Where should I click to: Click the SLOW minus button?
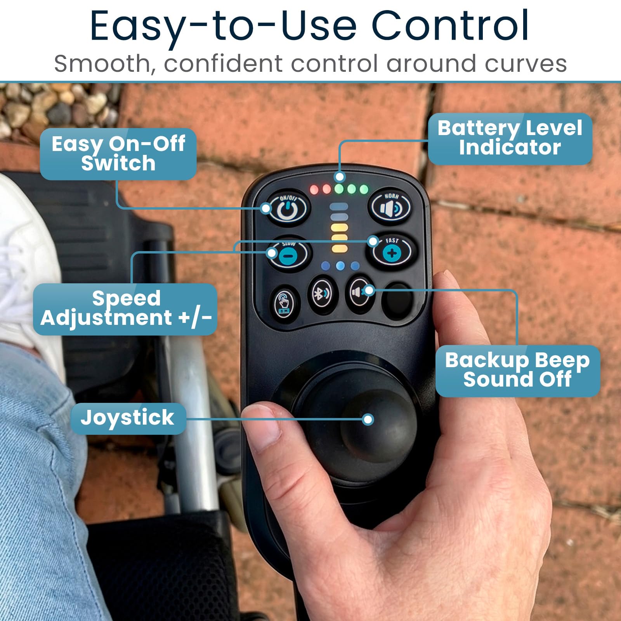pos(289,253)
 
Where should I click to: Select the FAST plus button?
pos(392,252)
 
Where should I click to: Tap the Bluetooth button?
pos(322,294)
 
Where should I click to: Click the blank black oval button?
pos(397,301)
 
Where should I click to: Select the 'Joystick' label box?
pos(128,418)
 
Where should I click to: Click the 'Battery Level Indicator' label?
pos(510,139)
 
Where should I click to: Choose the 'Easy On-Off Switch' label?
pos(118,154)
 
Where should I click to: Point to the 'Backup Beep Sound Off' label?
pos(517,370)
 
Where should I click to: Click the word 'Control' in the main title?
pos(450,26)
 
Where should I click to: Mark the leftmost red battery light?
pos(314,190)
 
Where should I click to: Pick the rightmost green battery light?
pos(364,189)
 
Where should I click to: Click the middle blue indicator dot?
pos(340,266)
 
